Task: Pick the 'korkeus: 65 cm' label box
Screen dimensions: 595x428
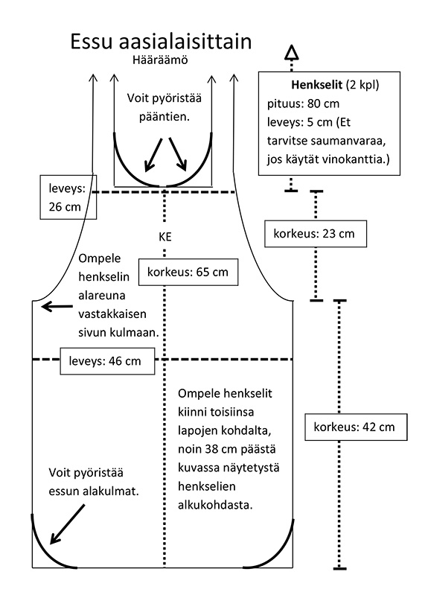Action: click(x=188, y=272)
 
